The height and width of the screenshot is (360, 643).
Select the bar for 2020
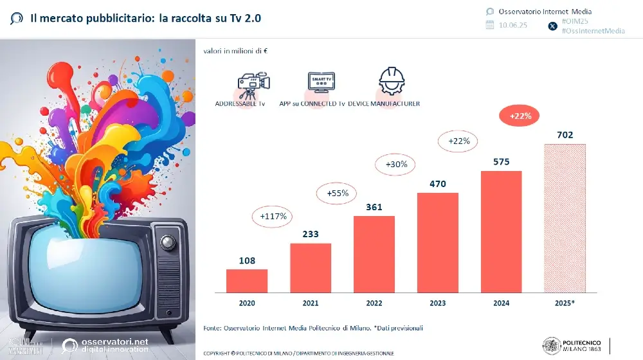point(246,280)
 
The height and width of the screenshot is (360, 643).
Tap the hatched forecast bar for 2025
point(565,218)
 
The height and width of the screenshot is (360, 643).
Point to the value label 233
point(310,234)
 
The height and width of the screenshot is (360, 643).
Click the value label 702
point(565,135)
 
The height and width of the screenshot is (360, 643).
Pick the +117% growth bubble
point(273,216)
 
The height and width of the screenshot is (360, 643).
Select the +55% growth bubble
point(338,193)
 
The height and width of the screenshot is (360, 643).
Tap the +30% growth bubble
point(397,165)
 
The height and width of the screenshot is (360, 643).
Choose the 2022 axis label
point(374,302)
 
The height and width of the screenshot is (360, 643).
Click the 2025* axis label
point(565,302)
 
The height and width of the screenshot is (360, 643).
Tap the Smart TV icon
point(323,82)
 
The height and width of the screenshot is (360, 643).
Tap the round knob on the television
point(167,242)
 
